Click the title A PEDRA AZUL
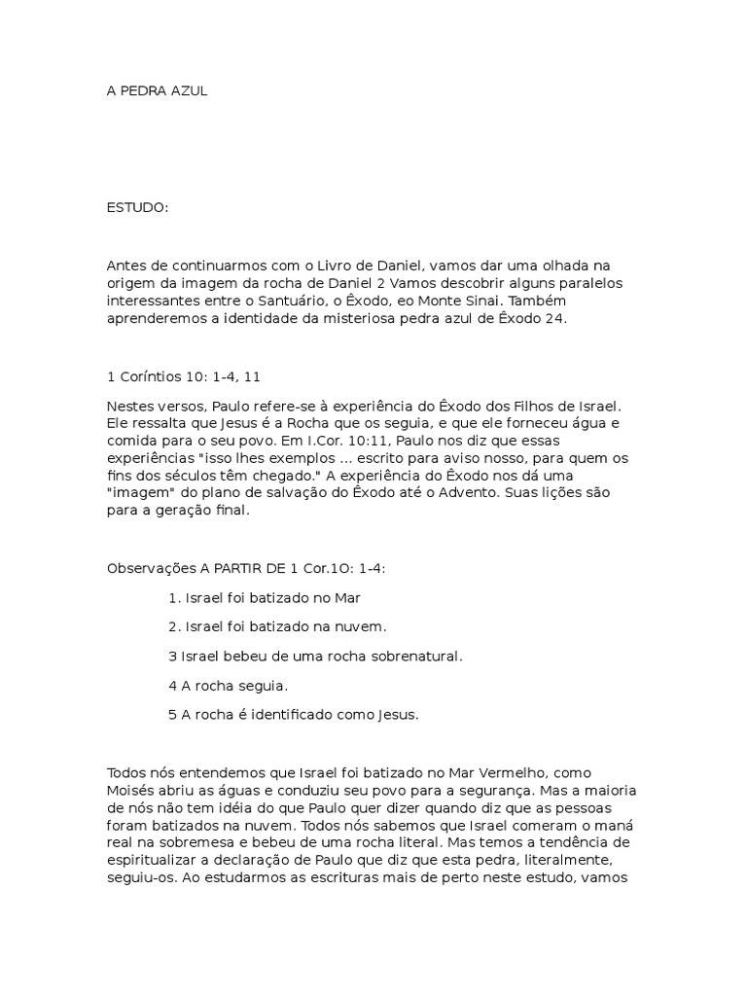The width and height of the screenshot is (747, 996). pyautogui.click(x=157, y=90)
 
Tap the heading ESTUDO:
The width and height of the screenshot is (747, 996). pyautogui.click(x=137, y=208)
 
